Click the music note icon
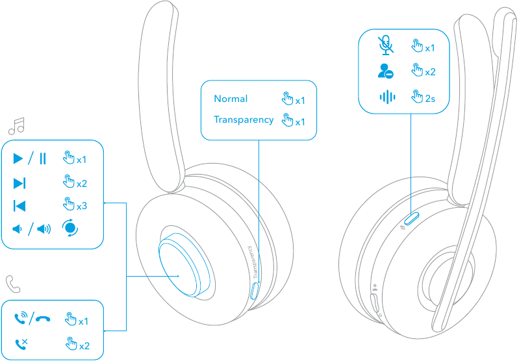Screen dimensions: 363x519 click(16, 125)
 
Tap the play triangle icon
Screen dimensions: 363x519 click(18, 158)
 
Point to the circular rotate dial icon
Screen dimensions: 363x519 click(70, 229)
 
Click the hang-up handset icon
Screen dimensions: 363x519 click(44, 319)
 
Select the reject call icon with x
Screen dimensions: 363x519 click(21, 344)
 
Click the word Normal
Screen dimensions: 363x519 click(231, 99)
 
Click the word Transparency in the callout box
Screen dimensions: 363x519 click(244, 120)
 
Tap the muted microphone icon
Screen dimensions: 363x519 click(386, 45)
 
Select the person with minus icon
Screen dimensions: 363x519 click(386, 71)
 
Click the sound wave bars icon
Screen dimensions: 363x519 click(387, 97)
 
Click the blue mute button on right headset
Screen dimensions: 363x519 click(413, 217)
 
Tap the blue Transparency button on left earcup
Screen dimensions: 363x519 click(253, 290)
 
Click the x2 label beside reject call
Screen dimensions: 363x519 click(84, 345)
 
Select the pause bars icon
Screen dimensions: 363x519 click(42, 158)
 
